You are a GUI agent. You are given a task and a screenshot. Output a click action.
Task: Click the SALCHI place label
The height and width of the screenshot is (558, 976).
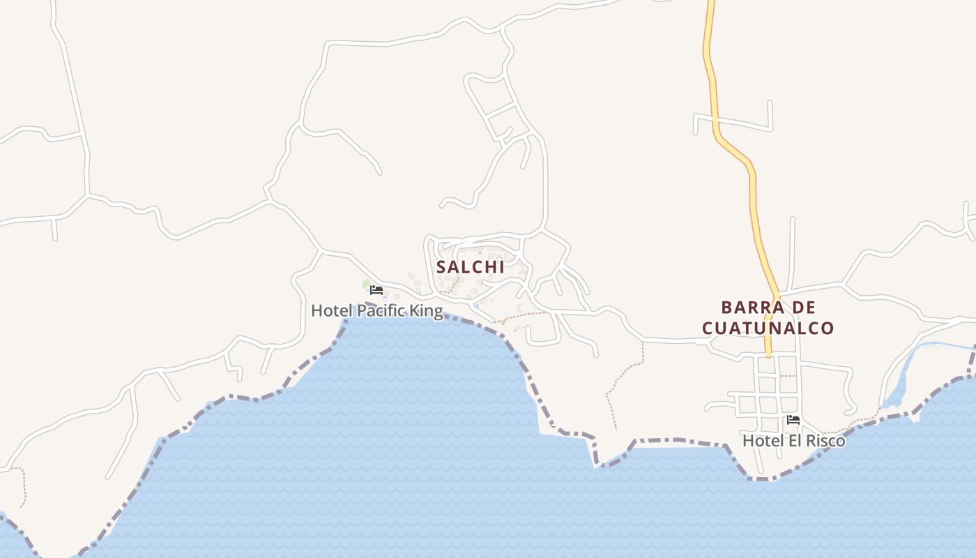click(470, 266)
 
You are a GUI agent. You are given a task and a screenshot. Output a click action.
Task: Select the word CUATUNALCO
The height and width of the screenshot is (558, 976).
click(768, 328)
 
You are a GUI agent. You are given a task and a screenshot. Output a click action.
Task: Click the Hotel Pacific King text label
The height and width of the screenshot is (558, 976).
click(376, 310)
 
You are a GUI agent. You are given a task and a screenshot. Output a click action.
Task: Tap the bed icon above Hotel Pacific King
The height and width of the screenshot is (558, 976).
click(376, 289)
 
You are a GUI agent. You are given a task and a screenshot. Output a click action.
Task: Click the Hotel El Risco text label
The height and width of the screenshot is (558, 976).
click(793, 441)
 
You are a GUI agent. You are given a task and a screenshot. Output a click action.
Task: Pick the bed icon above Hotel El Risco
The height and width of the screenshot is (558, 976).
click(793, 420)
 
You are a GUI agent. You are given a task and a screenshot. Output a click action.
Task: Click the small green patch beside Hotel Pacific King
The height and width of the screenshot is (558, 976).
click(367, 284)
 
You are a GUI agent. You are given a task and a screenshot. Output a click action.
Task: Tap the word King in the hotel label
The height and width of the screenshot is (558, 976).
click(426, 310)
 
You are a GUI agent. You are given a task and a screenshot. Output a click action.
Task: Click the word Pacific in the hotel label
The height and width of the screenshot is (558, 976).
click(380, 310)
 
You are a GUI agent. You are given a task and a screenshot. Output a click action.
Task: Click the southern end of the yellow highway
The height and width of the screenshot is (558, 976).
click(769, 354)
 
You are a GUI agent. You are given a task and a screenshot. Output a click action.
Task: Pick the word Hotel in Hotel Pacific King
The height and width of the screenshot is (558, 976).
click(330, 310)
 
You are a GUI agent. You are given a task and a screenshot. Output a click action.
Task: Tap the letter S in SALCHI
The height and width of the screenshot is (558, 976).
click(441, 266)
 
